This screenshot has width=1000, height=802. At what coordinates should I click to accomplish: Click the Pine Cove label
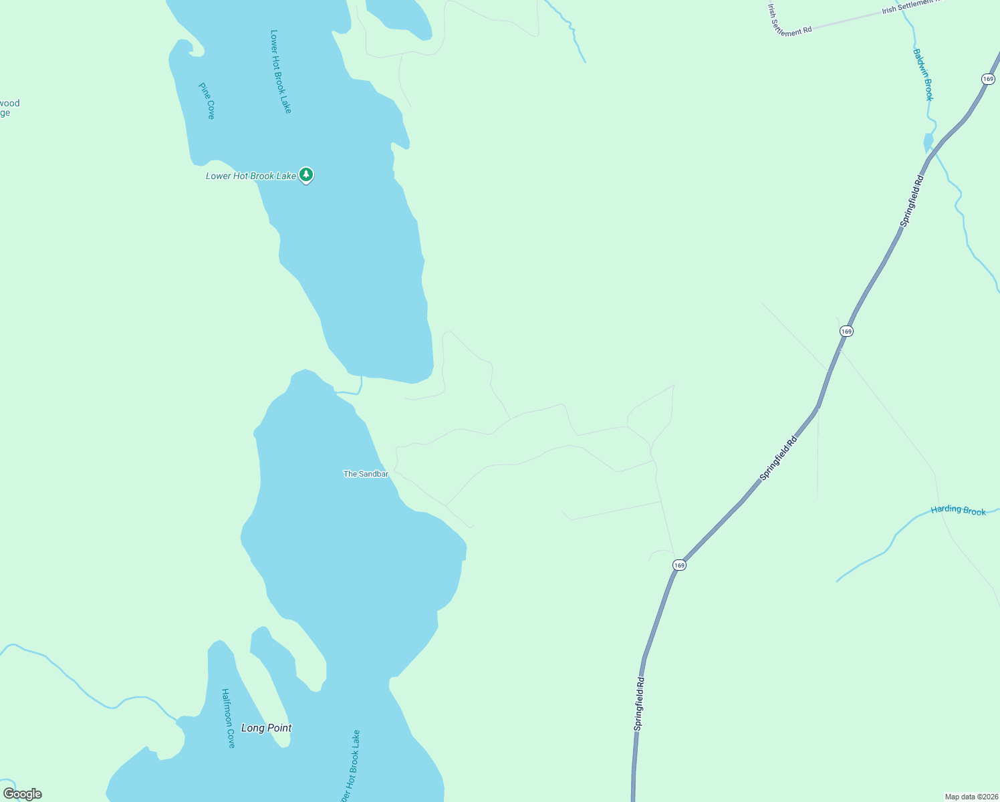pyautogui.click(x=207, y=101)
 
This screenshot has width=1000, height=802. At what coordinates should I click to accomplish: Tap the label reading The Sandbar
pyautogui.click(x=366, y=474)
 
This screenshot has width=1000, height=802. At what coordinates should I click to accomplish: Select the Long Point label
pyautogui.click(x=266, y=728)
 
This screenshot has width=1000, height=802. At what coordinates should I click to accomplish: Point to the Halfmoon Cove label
pyautogui.click(x=228, y=718)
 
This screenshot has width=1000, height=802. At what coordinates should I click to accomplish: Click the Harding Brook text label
pyautogui.click(x=958, y=510)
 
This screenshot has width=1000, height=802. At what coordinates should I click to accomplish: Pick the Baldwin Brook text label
pyautogui.click(x=923, y=74)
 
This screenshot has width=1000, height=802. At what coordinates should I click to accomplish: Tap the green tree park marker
pyautogui.click(x=306, y=175)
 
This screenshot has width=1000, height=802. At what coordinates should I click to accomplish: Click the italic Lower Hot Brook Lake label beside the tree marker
pyautogui.click(x=251, y=176)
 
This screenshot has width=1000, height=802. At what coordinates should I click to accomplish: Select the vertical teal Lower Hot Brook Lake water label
pyautogui.click(x=281, y=71)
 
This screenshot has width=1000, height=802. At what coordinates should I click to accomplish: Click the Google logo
pyautogui.click(x=22, y=794)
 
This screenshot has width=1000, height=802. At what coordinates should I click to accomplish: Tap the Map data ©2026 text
pyautogui.click(x=971, y=797)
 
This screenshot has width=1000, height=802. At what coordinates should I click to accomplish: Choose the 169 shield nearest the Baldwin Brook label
pyautogui.click(x=988, y=79)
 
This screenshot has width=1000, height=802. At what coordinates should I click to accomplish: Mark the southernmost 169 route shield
pyautogui.click(x=679, y=565)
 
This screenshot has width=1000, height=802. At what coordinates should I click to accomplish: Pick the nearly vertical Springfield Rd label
pyautogui.click(x=640, y=703)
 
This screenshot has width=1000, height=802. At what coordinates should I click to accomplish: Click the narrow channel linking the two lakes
pyautogui.click(x=350, y=392)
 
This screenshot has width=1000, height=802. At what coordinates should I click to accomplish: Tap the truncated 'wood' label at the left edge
pyautogui.click(x=10, y=108)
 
